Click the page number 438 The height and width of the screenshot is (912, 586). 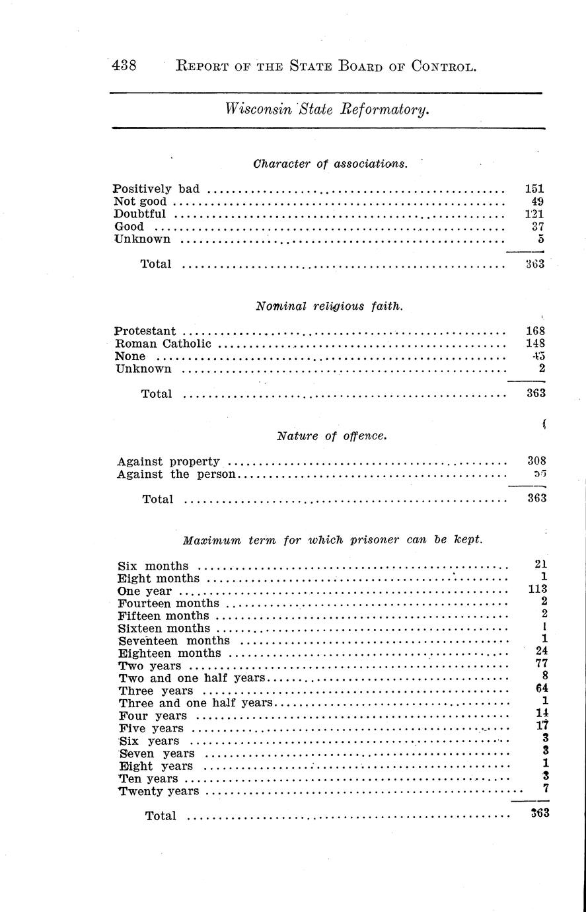click(x=124, y=66)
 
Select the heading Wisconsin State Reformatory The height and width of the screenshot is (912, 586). click(x=328, y=109)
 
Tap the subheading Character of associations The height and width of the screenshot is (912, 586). click(x=330, y=163)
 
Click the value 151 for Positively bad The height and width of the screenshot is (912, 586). click(x=534, y=189)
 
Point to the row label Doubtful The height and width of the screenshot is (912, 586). click(x=140, y=214)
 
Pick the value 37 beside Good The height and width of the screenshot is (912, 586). click(x=536, y=227)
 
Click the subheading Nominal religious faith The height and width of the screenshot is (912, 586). click(x=329, y=306)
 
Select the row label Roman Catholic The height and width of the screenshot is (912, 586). click(x=163, y=344)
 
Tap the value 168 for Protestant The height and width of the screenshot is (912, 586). click(x=535, y=330)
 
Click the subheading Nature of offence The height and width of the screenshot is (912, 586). click(x=331, y=436)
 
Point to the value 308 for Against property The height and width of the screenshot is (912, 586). click(x=536, y=461)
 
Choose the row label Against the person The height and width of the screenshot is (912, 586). click(x=176, y=475)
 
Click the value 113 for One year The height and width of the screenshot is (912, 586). click(x=538, y=589)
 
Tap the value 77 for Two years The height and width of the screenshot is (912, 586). click(x=541, y=664)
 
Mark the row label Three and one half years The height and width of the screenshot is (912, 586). click(x=196, y=703)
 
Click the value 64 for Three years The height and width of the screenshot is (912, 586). click(x=541, y=689)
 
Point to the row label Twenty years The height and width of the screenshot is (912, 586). click(x=159, y=791)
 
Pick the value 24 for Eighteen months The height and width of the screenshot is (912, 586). click(x=541, y=652)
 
